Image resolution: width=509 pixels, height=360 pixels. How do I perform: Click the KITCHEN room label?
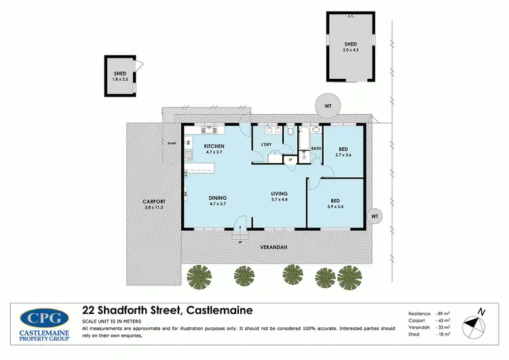coord(214,147)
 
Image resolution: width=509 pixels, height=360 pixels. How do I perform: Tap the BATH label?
coord(316,148)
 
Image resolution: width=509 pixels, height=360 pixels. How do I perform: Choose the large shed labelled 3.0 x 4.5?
coord(350,46)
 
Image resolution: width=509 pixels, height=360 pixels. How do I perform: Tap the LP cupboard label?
coord(290,160)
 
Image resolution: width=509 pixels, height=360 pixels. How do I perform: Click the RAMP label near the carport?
coord(172,143)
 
